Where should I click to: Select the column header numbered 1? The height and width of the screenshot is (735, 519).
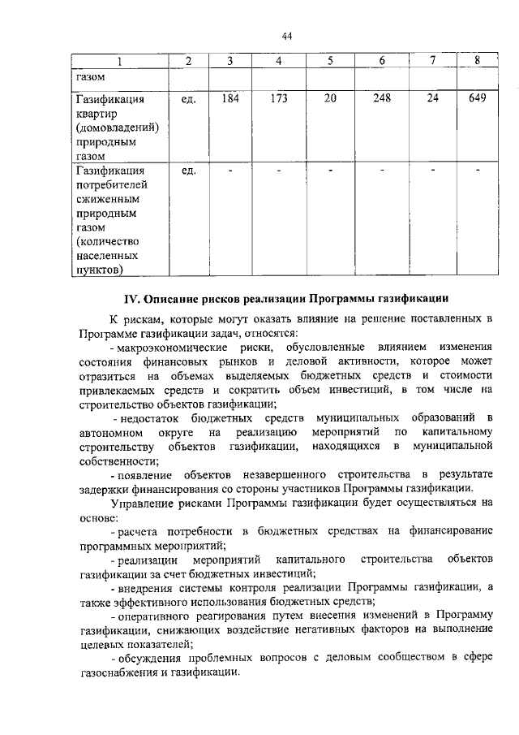pos(119,61)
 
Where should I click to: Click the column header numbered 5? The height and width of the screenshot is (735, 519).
pos(330,61)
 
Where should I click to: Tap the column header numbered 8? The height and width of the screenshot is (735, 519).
pos(478,61)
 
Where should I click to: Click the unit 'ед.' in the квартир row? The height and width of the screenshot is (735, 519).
pos(189,100)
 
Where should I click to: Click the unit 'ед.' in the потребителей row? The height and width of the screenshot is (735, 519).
pos(189,171)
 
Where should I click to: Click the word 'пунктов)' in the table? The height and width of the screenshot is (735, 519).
pos(101,269)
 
